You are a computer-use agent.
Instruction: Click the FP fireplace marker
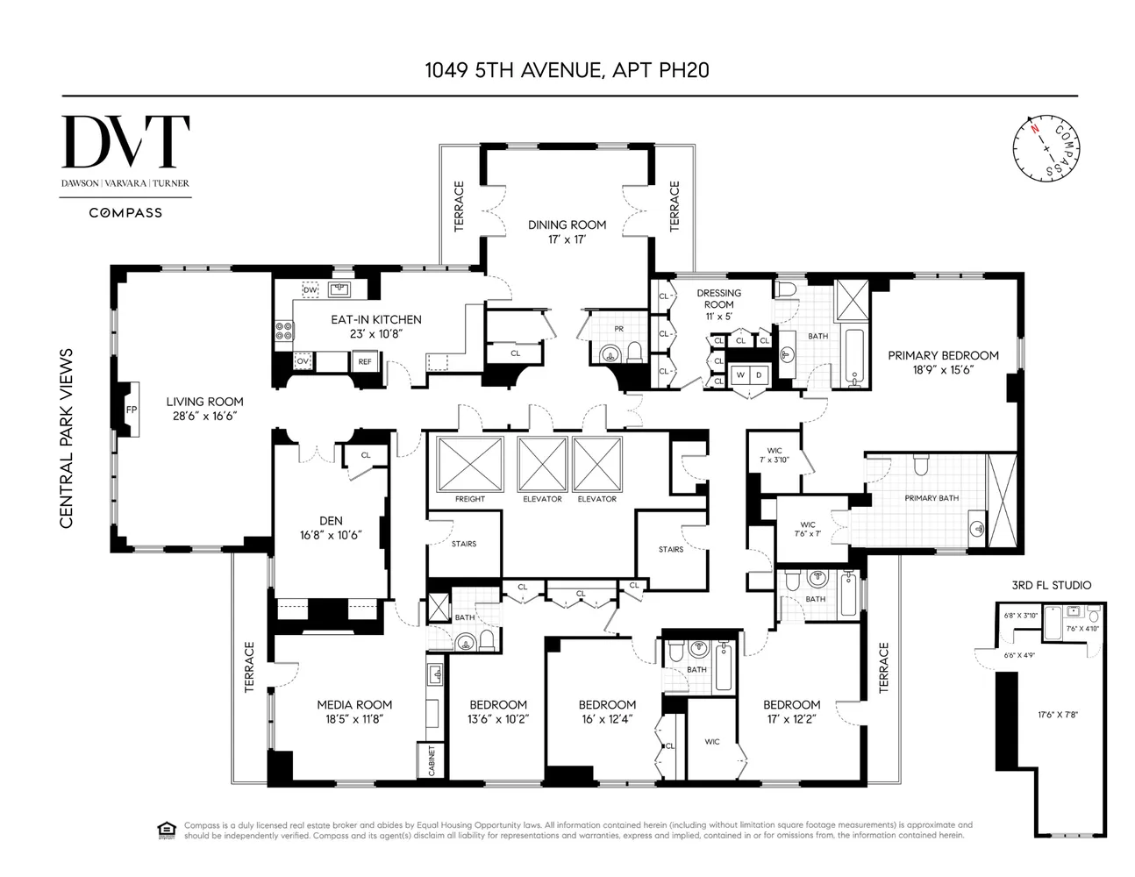tap(132, 410)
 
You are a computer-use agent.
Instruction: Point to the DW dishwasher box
tap(310, 290)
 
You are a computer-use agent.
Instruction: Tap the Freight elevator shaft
tap(470, 465)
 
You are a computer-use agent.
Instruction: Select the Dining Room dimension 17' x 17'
tap(567, 239)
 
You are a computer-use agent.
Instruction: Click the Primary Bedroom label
tap(943, 355)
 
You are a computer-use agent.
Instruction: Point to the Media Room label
tap(354, 704)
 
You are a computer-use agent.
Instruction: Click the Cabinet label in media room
tap(432, 760)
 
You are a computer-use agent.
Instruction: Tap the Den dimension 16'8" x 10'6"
tap(331, 535)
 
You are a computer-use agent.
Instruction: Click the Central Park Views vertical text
tap(66, 438)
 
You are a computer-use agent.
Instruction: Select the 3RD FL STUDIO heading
tap(1050, 585)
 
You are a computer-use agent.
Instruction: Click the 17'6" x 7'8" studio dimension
tap(1058, 715)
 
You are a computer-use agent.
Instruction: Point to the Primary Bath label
tap(932, 498)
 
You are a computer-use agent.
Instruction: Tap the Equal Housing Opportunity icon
tap(164, 830)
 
